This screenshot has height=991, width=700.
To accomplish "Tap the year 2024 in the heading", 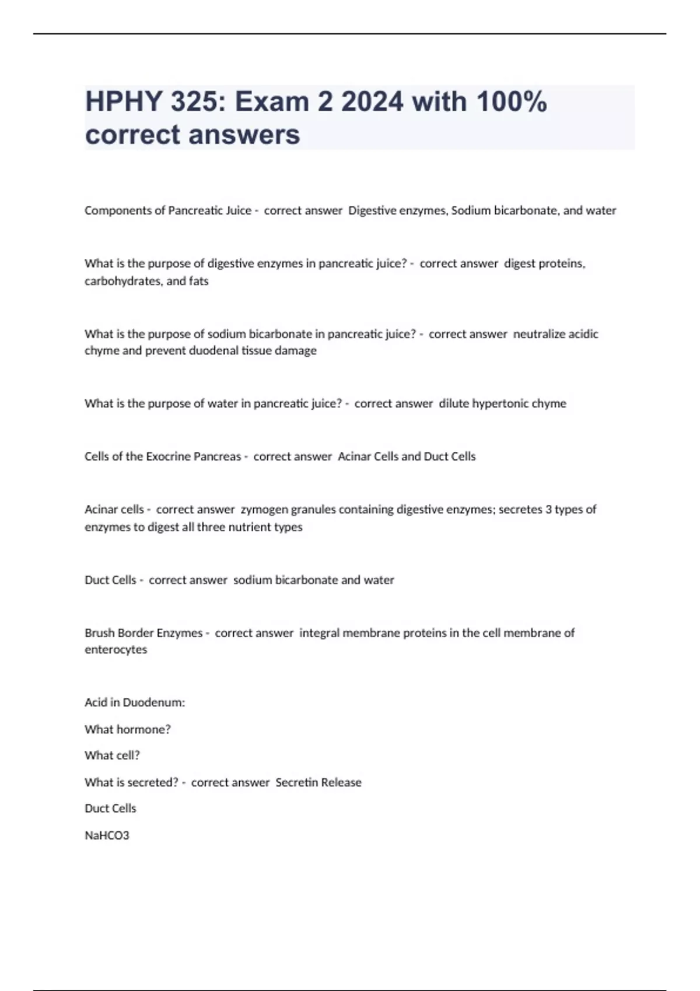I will coord(372,102).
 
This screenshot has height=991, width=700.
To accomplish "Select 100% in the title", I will coord(512,102).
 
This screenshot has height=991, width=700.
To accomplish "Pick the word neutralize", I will coord(539,334).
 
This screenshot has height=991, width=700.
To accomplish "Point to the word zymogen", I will coord(264,509).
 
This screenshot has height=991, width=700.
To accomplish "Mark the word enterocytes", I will coord(116,649).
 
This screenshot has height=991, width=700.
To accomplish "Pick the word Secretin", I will coord(296,782).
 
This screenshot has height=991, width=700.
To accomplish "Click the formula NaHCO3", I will coord(107,835).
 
